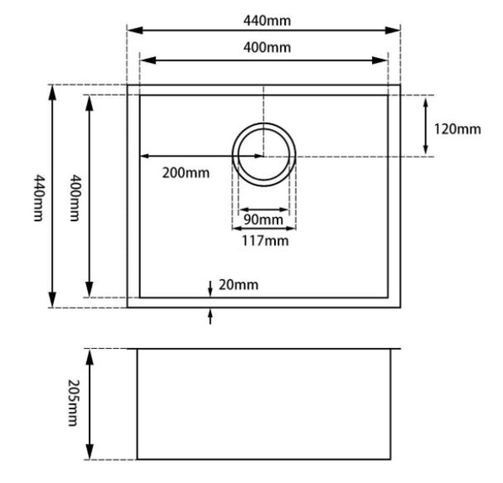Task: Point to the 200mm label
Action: pyautogui.click(x=186, y=173)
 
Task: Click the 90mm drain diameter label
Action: pyautogui.click(x=264, y=221)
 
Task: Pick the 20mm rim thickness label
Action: pyautogui.click(x=239, y=284)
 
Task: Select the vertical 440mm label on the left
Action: pyautogui.click(x=36, y=197)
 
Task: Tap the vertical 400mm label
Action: pyautogui.click(x=74, y=197)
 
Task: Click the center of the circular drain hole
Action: pyautogui.click(x=263, y=155)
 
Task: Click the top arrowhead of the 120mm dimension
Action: pyautogui.click(x=428, y=100)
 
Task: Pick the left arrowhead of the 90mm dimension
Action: pyautogui.click(x=241, y=209)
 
